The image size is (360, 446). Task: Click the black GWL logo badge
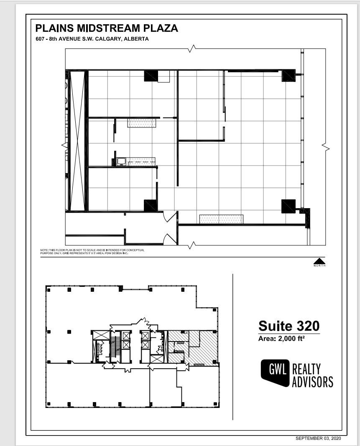tap(275, 372)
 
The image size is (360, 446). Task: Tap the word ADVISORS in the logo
tap(312, 382)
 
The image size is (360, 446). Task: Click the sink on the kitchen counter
tap(121, 161)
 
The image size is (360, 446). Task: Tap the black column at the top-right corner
tap(289, 75)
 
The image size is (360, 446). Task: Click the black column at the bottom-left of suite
tap(151, 206)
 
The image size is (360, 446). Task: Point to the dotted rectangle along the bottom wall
tap(221, 219)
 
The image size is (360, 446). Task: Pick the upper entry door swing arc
tap(170, 216)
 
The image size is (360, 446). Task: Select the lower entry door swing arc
tap(169, 239)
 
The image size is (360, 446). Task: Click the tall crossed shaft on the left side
tap(77, 141)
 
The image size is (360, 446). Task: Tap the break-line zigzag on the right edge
tap(325, 147)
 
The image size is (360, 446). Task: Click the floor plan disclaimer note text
tap(92, 252)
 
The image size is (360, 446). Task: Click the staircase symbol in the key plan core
tap(116, 347)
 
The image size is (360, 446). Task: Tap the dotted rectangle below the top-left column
tap(142, 123)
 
